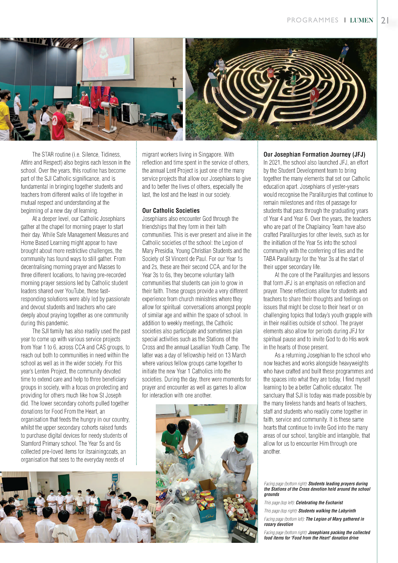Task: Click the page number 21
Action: (x=385, y=21)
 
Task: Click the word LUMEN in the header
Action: (x=361, y=21)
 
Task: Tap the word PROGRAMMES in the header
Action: (x=312, y=20)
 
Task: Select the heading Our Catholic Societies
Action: (x=171, y=211)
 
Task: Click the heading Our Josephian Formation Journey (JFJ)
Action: (x=314, y=154)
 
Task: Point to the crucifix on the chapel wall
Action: (x=173, y=81)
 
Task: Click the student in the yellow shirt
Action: (x=4, y=115)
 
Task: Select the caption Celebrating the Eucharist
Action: (x=319, y=503)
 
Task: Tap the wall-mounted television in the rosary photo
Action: (x=15, y=484)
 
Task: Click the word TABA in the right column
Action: (x=269, y=259)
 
